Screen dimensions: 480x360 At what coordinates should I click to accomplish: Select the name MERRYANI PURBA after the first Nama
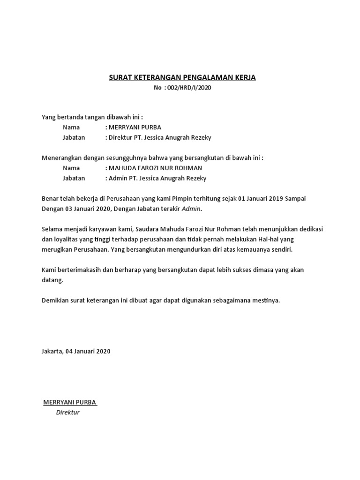coord(135,127)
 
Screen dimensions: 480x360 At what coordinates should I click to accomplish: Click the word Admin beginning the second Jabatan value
coord(117,179)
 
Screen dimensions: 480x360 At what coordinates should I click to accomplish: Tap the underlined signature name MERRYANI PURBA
coord(70,402)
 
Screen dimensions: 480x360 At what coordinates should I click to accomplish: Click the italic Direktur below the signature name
coord(68,412)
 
